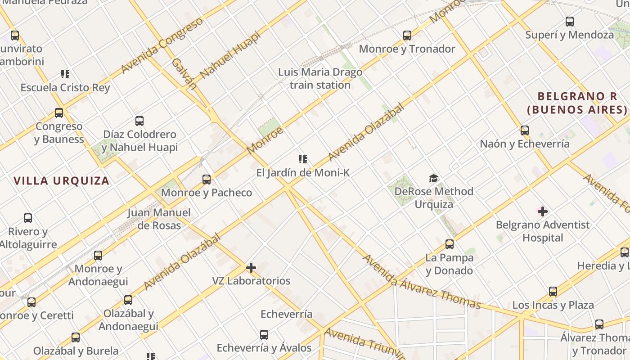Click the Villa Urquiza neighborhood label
61,181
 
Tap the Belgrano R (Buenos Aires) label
577,103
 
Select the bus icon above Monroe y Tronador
407,35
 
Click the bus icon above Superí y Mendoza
570,21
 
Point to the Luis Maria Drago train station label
320,78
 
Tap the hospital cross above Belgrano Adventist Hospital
543,211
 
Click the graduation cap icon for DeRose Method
433,178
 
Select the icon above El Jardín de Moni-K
303,159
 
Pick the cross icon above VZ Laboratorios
251,268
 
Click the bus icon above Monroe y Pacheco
207,180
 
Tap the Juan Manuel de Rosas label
159,219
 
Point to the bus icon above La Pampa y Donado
450,244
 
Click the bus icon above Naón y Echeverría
525,130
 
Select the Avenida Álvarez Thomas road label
421,282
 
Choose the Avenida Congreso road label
162,46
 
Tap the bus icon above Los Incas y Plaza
553,292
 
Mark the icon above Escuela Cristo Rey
65,74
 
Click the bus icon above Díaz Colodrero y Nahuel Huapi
139,121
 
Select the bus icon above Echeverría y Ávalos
264,335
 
